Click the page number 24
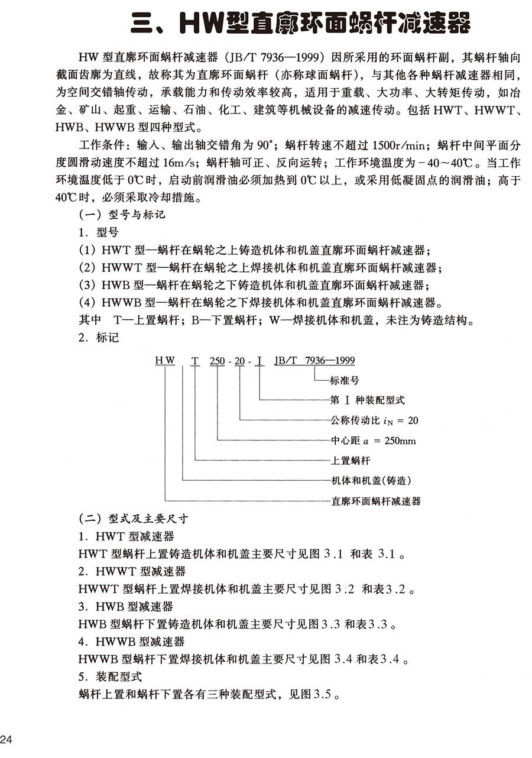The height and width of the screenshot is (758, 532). click(7, 739)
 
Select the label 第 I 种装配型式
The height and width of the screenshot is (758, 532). click(367, 400)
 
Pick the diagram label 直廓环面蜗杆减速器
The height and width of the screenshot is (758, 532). click(375, 500)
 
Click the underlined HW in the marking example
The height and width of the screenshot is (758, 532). click(165, 359)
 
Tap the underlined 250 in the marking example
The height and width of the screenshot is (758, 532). click(218, 359)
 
